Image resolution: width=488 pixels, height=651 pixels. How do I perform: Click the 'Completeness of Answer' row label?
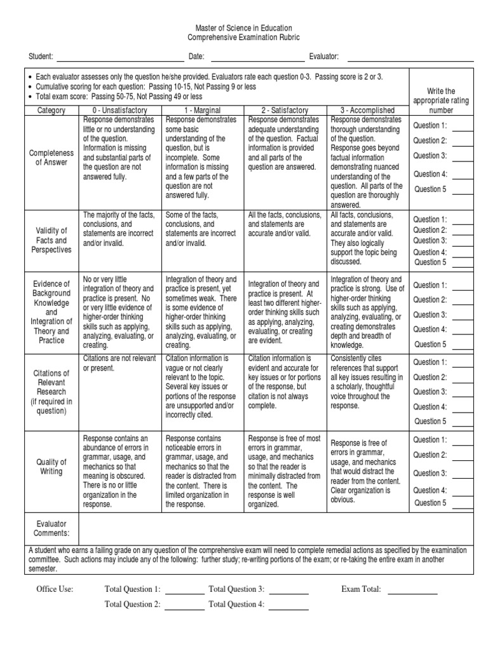click(x=51, y=158)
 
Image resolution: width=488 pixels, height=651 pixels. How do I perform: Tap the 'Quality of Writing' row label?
click(x=51, y=467)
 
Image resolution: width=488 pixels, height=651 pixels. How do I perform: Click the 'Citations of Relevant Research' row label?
click(x=51, y=392)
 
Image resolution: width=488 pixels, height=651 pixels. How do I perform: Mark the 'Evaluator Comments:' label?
click(x=51, y=528)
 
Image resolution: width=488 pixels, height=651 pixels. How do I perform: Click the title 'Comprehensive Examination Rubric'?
click(x=243, y=38)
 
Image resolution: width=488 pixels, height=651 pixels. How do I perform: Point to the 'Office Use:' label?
click(x=55, y=589)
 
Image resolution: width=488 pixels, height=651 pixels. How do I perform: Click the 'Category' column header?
click(x=51, y=110)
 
